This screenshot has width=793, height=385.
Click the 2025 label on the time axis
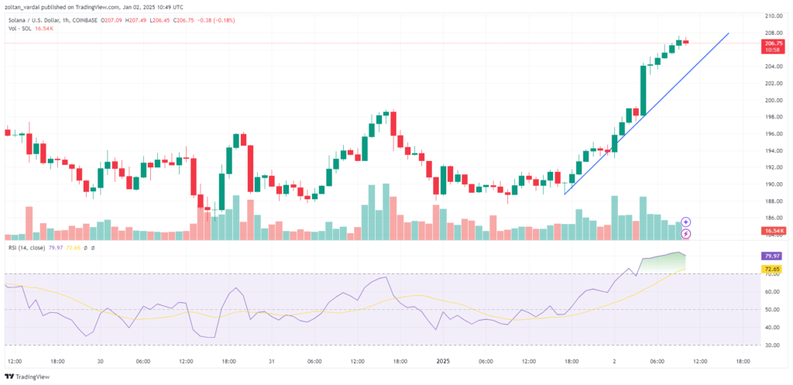click(x=444, y=361)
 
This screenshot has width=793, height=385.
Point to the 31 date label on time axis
click(x=271, y=361)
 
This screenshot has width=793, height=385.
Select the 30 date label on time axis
click(x=100, y=361)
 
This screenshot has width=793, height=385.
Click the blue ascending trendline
click(x=647, y=111)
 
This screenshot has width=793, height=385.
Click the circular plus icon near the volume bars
click(x=685, y=222)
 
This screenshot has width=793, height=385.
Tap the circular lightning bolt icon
click(x=685, y=233)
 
